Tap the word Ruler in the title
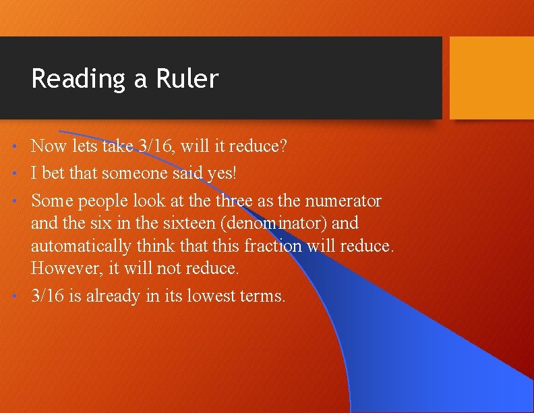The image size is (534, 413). (x=187, y=79)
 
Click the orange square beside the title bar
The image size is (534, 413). (x=491, y=77)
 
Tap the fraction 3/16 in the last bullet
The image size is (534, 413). (x=49, y=296)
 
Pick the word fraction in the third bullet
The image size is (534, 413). (x=272, y=246)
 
